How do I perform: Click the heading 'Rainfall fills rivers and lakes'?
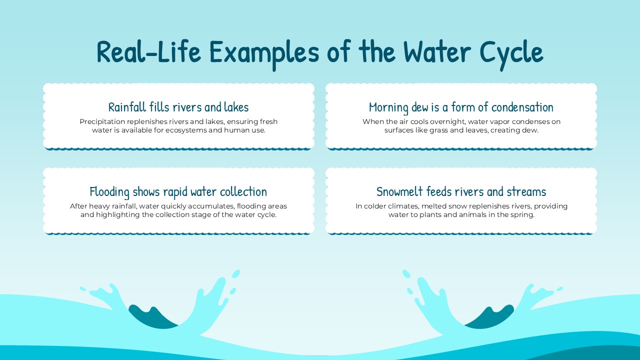[178, 107]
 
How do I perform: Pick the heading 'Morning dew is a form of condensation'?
[461, 107]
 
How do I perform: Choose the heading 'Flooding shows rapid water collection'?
[178, 191]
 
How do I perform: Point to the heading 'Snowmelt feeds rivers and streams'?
[461, 191]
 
